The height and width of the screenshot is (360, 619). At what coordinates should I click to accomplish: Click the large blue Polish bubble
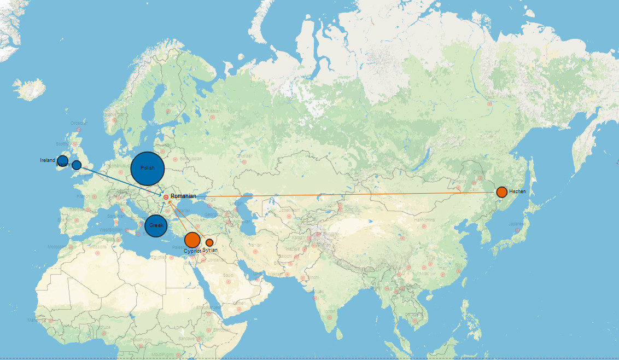[x=148, y=169]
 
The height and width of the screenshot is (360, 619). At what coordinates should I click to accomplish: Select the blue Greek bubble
[x=156, y=225]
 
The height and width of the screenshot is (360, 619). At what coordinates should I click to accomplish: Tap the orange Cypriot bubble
[x=192, y=240]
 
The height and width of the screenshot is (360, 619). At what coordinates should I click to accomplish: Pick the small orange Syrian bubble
[x=209, y=242]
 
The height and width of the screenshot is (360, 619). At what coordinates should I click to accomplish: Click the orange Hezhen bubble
[x=501, y=192]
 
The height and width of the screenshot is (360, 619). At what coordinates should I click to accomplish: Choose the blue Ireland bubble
[x=63, y=161]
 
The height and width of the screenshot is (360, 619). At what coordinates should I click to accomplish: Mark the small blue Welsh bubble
[x=77, y=165]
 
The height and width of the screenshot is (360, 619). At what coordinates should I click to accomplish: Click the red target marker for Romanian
[x=166, y=197]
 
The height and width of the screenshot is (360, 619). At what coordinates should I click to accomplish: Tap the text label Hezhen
[x=517, y=192]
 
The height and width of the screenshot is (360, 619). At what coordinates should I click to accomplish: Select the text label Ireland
[x=48, y=160]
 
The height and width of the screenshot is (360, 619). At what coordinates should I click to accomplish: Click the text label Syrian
[x=210, y=250]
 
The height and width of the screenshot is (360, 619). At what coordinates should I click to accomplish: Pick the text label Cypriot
[x=192, y=251]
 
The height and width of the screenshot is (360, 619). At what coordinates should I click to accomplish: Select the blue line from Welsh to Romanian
[x=120, y=181]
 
